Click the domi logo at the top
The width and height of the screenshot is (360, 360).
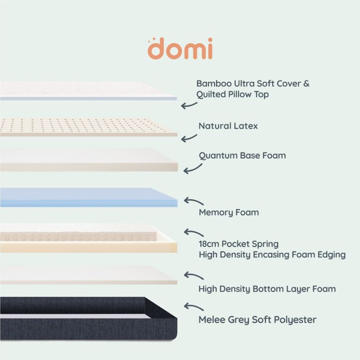coord(180,48)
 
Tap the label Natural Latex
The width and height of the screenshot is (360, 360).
coord(228,126)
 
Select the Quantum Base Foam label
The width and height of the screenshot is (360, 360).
coord(242,155)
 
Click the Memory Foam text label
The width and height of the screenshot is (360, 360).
coord(229,212)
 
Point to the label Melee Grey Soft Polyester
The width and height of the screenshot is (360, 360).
coord(257,319)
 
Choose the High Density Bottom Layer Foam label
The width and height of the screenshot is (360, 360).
coord(267,289)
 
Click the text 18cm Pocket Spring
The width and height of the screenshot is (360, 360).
coord(239,244)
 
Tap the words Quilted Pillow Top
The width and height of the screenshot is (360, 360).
coord(233,94)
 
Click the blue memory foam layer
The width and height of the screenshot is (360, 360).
coord(88,197)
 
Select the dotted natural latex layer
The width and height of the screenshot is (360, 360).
coord(88,127)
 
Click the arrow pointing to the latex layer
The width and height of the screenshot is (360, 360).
coord(189,138)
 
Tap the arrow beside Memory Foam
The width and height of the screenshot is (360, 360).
coord(193,201)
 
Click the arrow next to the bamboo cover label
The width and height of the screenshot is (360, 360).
coord(189,105)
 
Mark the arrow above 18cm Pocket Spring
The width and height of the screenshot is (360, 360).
coord(193,232)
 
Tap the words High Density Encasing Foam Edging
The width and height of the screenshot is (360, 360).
coord(272,255)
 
